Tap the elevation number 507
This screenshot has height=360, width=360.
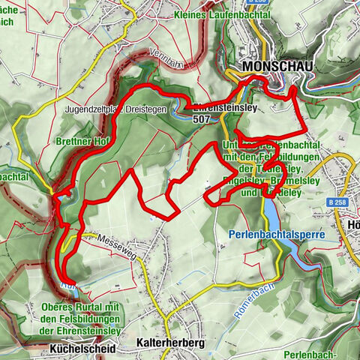[x=201, y=118]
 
